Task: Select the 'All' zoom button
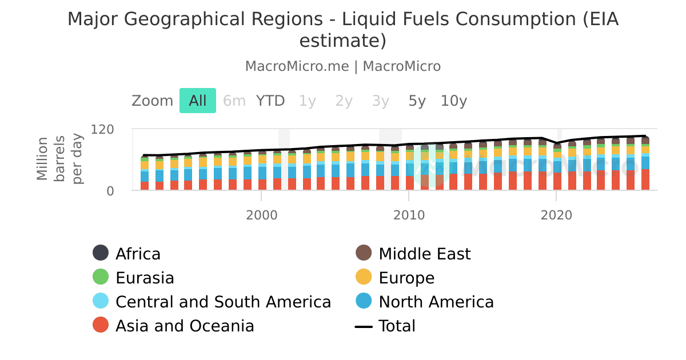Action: coord(198,101)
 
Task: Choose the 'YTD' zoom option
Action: coord(270,101)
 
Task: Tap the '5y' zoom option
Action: coord(417,101)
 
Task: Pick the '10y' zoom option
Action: coord(453,101)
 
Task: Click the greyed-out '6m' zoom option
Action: coord(234,101)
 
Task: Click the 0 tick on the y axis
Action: coord(110,191)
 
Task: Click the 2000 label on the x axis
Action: coord(261,215)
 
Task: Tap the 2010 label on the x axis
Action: coord(408,215)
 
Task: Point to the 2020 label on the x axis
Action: coord(556,215)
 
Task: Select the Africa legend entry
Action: coord(138,254)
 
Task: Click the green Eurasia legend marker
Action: coord(101,278)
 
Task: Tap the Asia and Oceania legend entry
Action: coord(184,326)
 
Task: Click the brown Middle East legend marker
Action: coord(364,254)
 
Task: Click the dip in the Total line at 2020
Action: coord(556,143)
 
